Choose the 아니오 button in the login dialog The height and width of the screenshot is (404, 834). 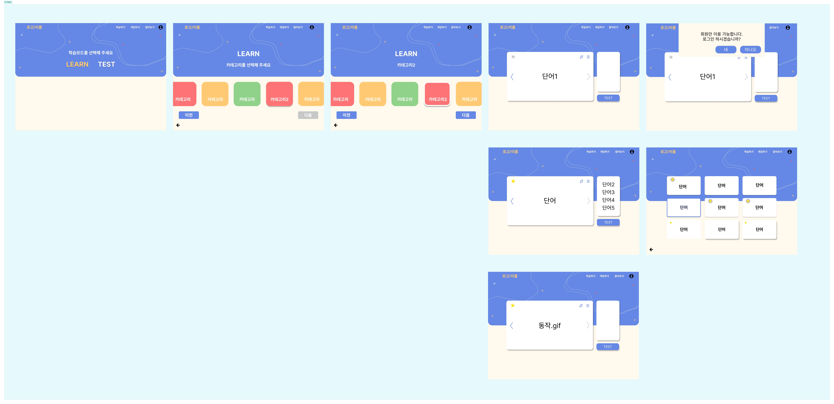click(x=750, y=50)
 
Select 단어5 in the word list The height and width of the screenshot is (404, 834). click(x=608, y=208)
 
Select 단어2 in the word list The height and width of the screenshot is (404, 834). click(x=608, y=184)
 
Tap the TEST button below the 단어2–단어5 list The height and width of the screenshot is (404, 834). click(x=608, y=222)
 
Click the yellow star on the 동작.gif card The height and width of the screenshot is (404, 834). click(x=512, y=306)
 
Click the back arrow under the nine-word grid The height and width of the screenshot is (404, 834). click(x=651, y=249)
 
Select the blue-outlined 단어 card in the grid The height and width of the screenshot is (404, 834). click(x=683, y=207)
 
